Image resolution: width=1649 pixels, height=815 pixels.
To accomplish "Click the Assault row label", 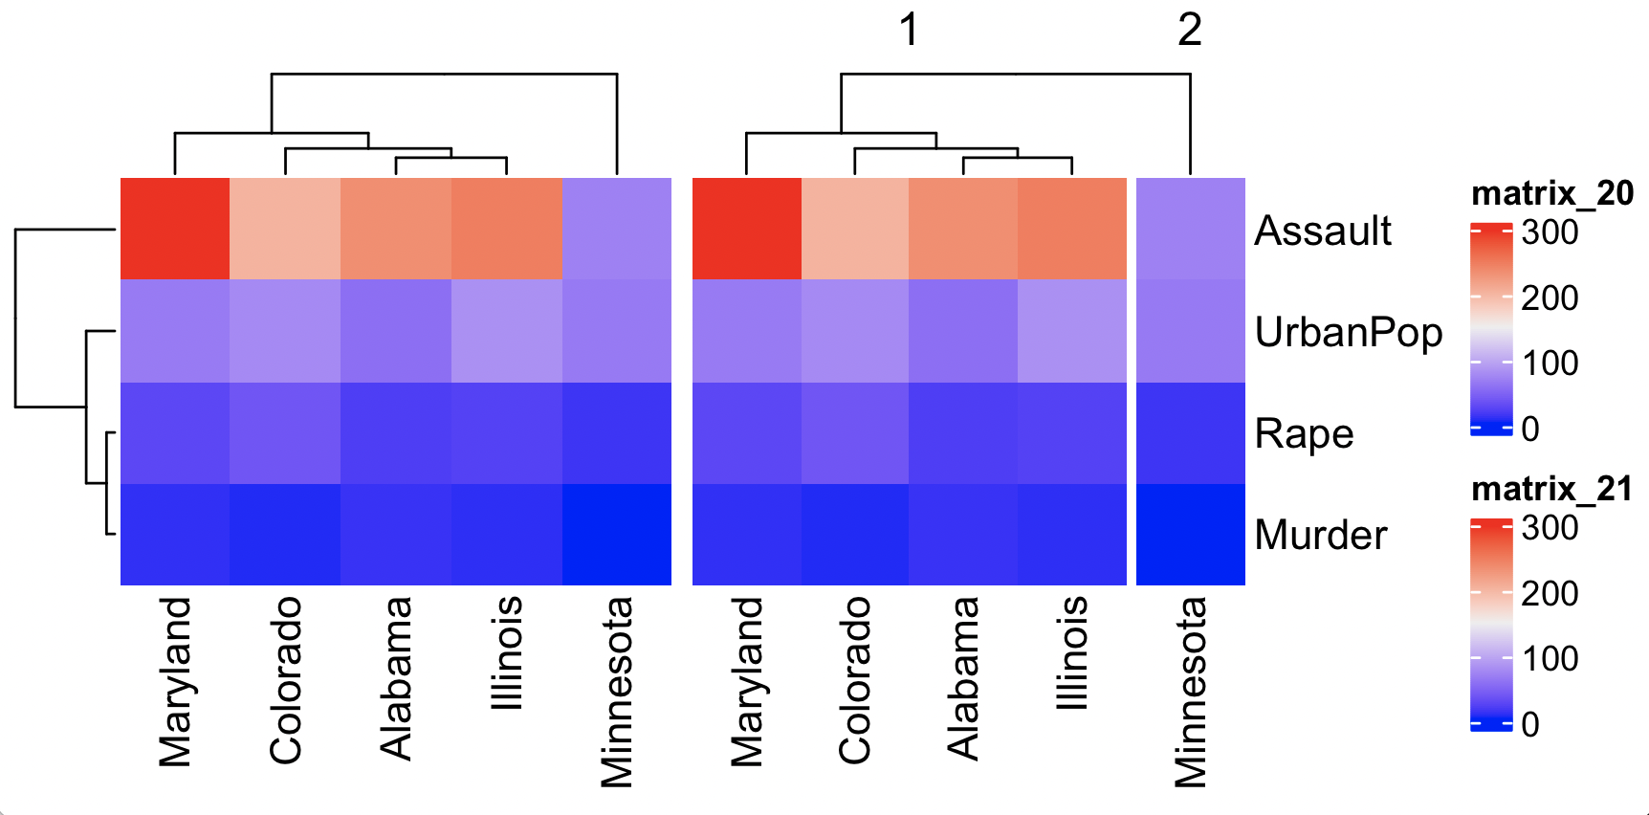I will [1322, 231].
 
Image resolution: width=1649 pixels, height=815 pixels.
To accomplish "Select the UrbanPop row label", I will [1348, 332].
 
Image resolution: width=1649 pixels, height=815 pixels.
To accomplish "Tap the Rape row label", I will [1304, 433].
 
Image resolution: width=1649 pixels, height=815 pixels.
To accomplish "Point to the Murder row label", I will [1320, 535].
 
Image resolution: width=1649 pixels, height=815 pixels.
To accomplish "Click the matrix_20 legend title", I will [1551, 194].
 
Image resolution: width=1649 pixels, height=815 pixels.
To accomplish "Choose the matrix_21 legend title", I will [1551, 489].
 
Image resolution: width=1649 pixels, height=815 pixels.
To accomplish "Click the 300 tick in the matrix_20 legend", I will [1550, 232].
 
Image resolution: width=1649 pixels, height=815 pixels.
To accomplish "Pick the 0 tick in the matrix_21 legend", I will [1530, 724].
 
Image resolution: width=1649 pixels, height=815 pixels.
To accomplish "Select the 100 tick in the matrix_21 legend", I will [1550, 658].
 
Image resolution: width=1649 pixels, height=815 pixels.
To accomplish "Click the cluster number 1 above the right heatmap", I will [909, 31].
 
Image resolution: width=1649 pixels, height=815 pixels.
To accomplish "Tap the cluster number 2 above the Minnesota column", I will [1189, 31].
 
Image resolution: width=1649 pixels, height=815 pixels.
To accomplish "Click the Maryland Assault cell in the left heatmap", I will [175, 229].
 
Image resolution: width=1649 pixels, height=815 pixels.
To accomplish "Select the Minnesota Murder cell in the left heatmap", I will [616, 534].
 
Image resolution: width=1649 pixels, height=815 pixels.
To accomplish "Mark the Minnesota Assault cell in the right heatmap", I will [1190, 229].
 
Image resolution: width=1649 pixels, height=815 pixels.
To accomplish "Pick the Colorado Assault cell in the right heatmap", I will [854, 229].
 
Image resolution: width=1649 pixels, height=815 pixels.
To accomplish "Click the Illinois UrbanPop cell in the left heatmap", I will [506, 331].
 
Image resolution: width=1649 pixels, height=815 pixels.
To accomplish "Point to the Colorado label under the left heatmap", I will [285, 680].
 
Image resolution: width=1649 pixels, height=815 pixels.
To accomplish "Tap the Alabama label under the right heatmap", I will [963, 678].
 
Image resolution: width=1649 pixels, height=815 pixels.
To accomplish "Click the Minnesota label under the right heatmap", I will [1190, 692].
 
